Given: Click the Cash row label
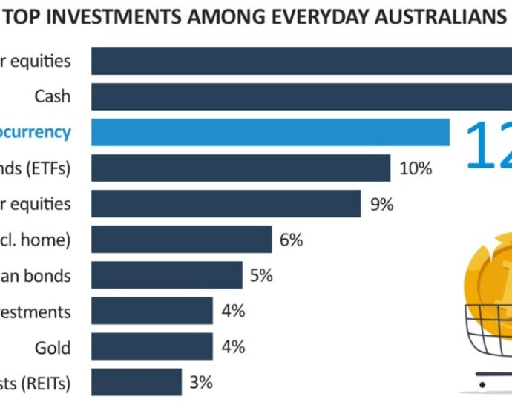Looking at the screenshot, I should pos(53,96).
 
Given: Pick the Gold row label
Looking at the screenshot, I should pos(53,347).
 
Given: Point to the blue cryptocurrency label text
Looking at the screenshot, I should pos(36,132).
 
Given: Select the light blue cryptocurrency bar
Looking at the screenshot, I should pos(270,132).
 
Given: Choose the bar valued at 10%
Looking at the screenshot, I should pos(240,168).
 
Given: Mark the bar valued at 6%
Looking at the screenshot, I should pos(181,240).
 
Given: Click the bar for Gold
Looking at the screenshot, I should pos(151,347).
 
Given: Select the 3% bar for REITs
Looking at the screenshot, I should pos(137,383).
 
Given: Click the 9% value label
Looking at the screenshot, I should pos(381,204).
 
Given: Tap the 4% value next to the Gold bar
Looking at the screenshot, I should pos(233,347).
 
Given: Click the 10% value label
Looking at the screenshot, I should pos(416,168).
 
